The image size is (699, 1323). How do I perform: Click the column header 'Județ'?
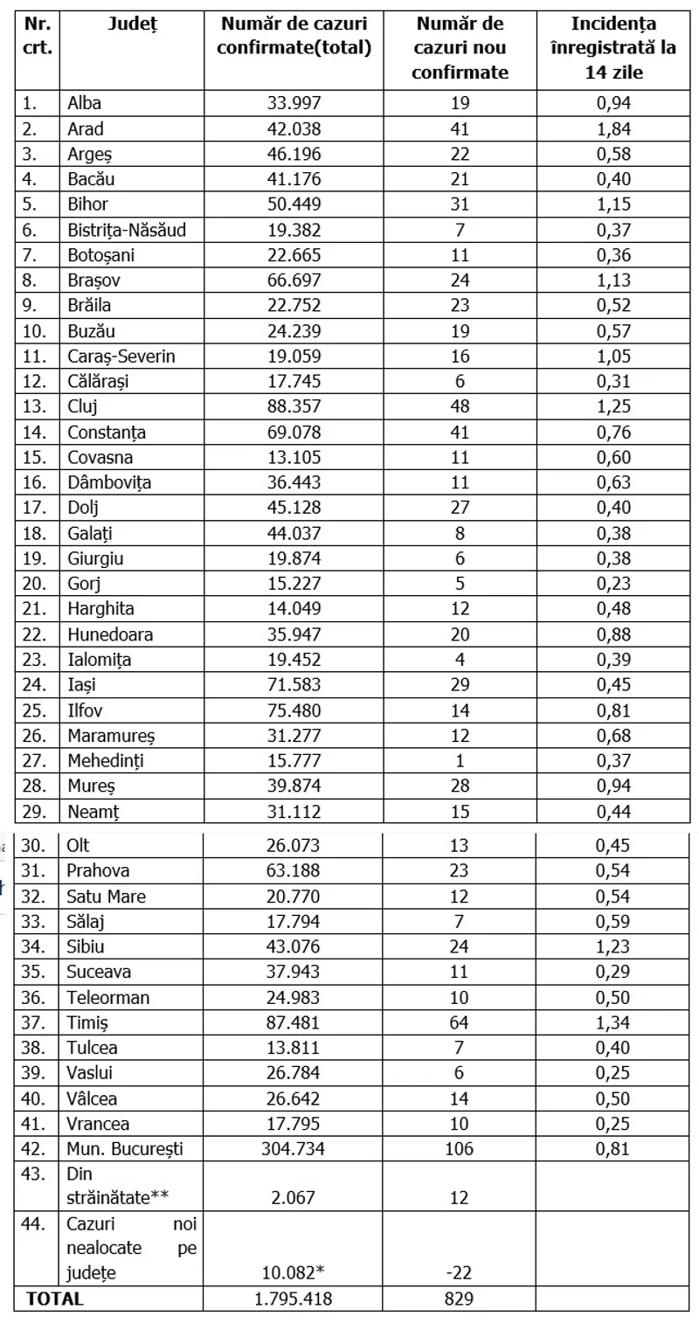(132, 24)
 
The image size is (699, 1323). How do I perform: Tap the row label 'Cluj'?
(82, 406)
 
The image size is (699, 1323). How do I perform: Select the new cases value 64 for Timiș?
(460, 1022)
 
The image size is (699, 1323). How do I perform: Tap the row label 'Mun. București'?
(124, 1148)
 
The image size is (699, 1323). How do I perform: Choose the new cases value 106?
(460, 1148)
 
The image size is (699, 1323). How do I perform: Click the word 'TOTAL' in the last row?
(55, 1299)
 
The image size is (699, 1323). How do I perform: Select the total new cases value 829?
(460, 1299)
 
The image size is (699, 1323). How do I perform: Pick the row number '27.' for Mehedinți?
(33, 761)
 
